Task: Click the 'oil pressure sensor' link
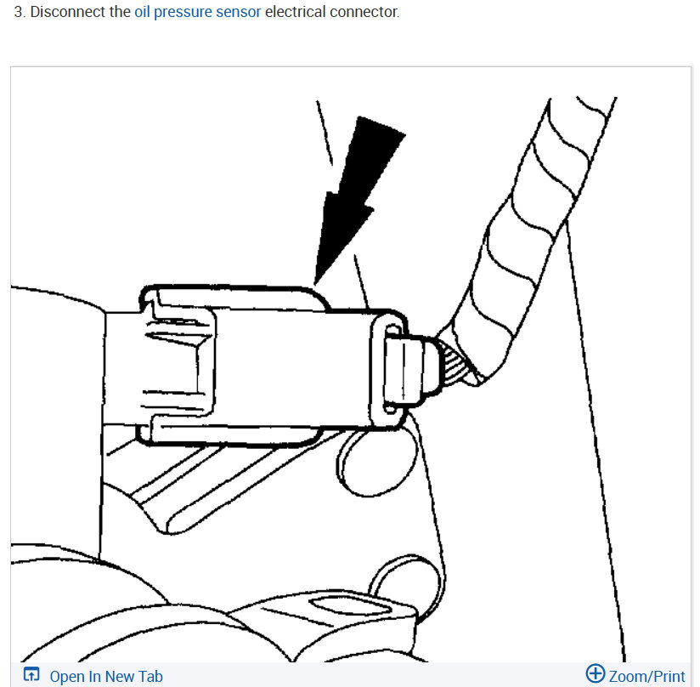pos(197,14)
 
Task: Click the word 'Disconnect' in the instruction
pos(68,14)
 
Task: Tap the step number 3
pos(18,14)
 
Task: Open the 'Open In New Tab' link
pos(105,677)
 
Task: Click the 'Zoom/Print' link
pos(646,677)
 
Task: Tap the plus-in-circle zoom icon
pos(596,675)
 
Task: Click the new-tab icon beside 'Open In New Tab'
pos(31,676)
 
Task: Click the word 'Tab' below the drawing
pos(149,677)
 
